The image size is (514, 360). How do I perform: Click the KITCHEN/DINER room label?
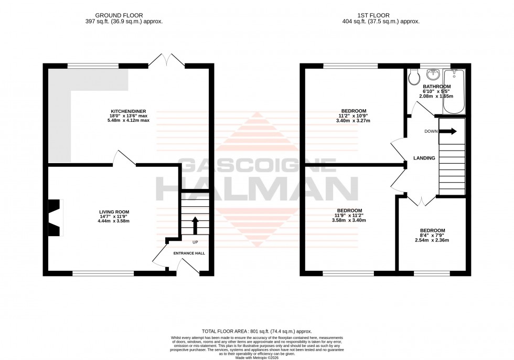click(x=130, y=115)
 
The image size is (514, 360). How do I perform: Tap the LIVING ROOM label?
click(x=114, y=215)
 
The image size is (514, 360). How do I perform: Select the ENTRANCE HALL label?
click(x=189, y=253)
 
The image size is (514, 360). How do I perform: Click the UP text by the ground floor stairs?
click(x=195, y=242)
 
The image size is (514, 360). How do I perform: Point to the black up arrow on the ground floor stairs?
click(x=195, y=226)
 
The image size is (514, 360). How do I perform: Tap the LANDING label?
click(x=424, y=158)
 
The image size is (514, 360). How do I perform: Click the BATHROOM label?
click(x=436, y=87)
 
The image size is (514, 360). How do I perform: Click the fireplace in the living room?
click(x=55, y=218)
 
